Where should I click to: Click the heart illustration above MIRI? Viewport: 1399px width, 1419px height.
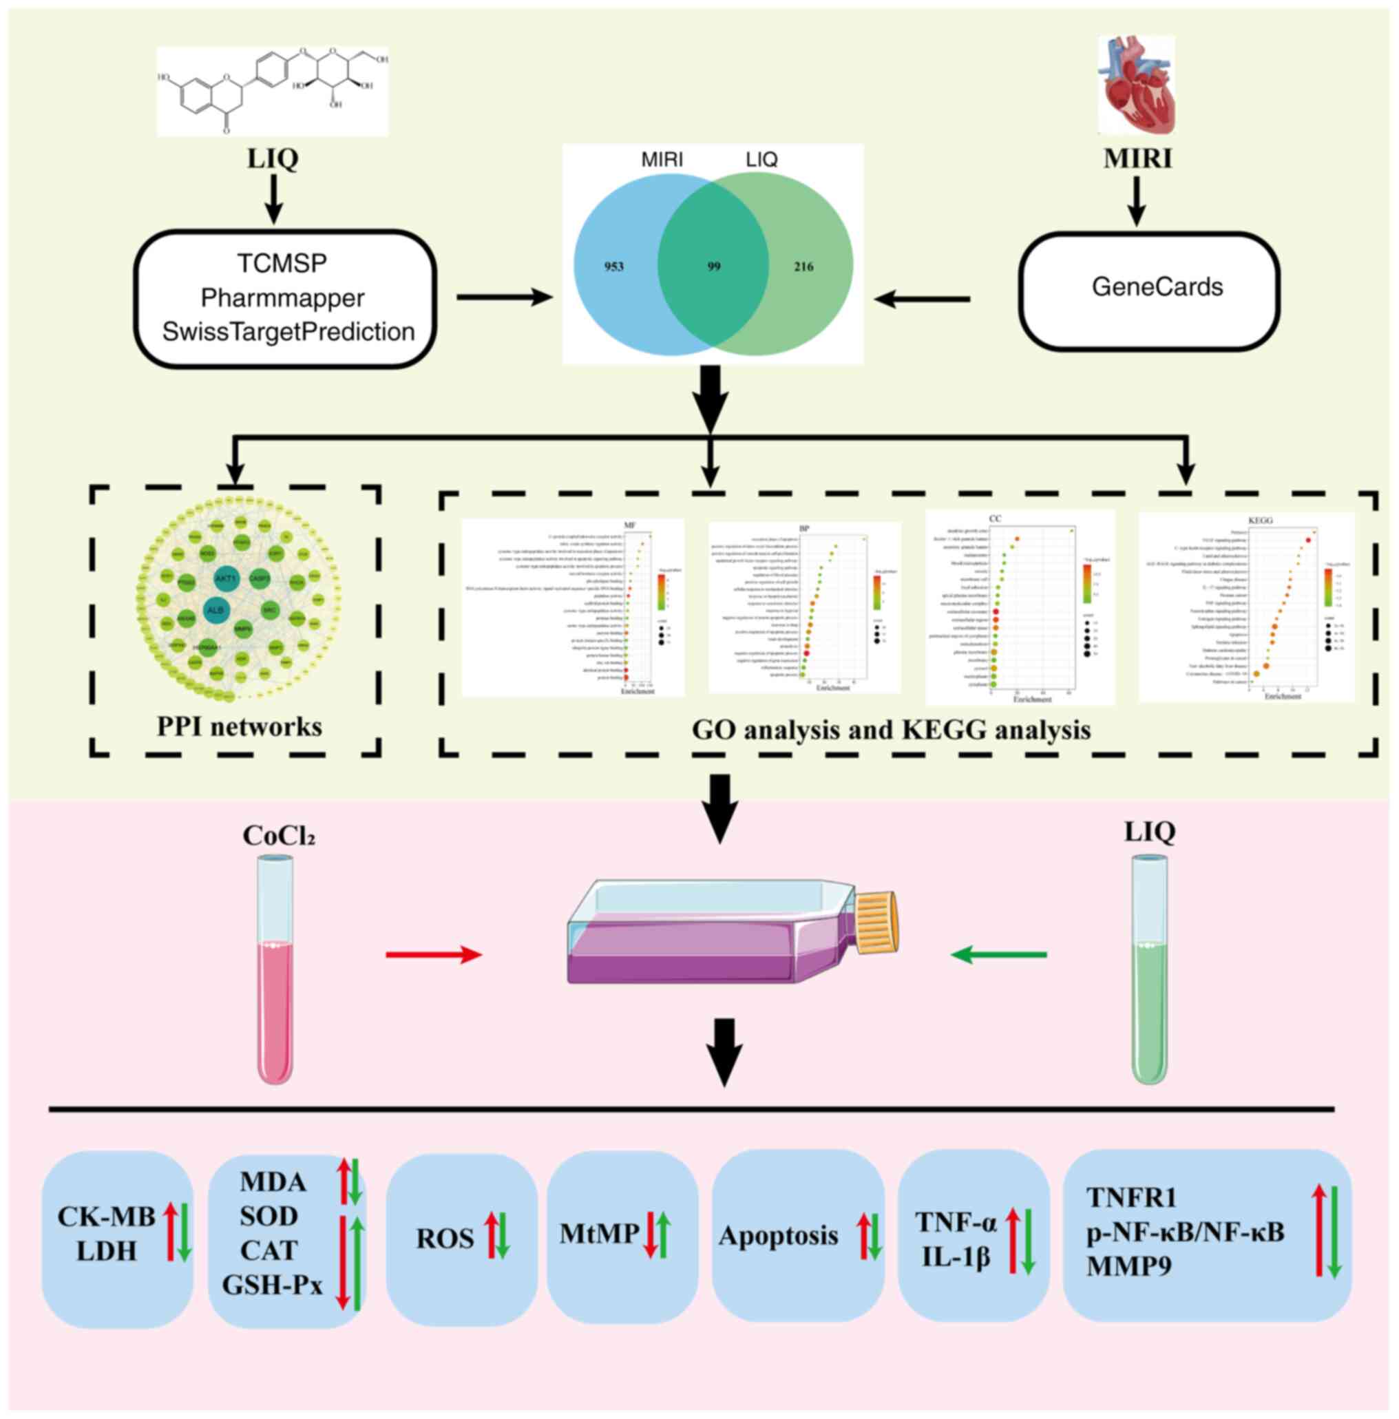tap(1136, 87)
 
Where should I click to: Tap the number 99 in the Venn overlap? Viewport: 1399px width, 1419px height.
tap(713, 266)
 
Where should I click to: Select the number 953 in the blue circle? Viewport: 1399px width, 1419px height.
tap(614, 266)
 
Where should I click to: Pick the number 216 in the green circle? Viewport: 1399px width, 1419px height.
tap(803, 266)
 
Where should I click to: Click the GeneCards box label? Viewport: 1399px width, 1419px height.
tap(1157, 286)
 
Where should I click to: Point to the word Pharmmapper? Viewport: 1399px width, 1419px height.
tap(282, 297)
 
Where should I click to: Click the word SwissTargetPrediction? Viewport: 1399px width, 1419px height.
tap(288, 332)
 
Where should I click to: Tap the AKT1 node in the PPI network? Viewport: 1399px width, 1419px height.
tap(225, 578)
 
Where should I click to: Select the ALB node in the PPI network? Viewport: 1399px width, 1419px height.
tap(215, 610)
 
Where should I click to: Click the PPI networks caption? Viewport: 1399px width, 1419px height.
tap(240, 726)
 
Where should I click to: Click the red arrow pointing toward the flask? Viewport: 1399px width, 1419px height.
tap(433, 955)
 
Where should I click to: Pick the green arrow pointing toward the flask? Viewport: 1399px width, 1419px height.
tap(999, 955)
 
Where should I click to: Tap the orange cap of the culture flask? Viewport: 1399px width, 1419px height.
tap(876, 923)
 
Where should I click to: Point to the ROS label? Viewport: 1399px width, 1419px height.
tap(445, 1239)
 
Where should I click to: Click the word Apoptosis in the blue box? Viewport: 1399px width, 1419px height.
tap(779, 1235)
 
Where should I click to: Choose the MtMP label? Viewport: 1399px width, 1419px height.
tap(599, 1234)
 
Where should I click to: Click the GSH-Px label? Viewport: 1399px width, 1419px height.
tap(273, 1285)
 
